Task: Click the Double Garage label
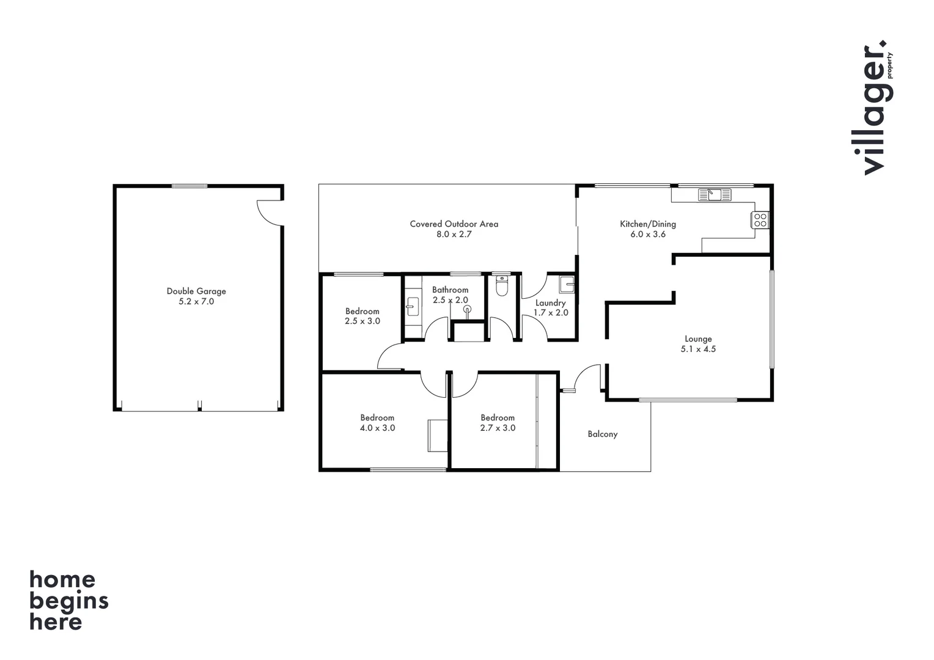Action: coord(196,291)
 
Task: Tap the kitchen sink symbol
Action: coord(715,195)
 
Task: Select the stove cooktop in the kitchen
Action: coord(760,220)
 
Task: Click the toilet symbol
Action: coord(502,286)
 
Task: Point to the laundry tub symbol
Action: coord(567,285)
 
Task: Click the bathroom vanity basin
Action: coord(413,306)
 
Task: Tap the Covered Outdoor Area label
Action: coord(454,224)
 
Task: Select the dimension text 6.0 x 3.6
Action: coord(648,234)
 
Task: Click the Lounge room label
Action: coord(698,339)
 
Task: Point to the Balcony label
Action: coord(602,435)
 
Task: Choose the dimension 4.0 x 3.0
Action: coord(377,428)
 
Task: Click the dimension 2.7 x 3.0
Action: coord(498,428)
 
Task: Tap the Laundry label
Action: coord(550,303)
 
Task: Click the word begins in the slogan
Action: coord(68,601)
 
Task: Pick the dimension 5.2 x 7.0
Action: coord(196,302)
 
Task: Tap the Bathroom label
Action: coord(450,290)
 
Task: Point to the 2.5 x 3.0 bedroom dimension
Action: coord(362,321)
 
